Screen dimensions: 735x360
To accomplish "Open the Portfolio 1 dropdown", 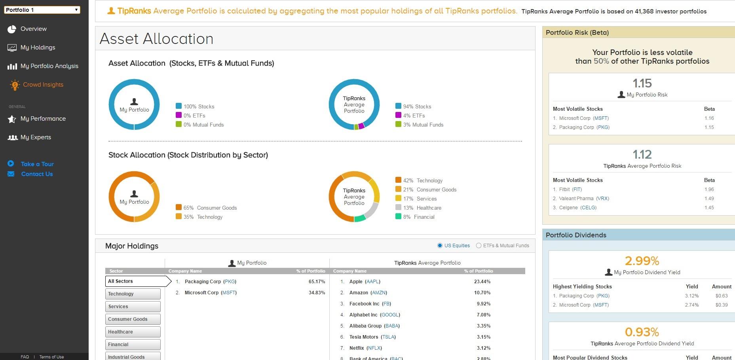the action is pyautogui.click(x=42, y=10).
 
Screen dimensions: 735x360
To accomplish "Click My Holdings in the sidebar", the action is pyautogui.click(x=38, y=47).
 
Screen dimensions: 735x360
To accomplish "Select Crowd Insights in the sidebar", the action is pyautogui.click(x=43, y=85).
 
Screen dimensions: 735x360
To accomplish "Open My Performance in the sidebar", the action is pyautogui.click(x=43, y=119).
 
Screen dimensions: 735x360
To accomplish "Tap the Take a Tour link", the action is pyautogui.click(x=37, y=164).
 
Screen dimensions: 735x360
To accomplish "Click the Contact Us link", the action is pyautogui.click(x=37, y=174).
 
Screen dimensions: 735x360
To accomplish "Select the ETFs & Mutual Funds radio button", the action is pyautogui.click(x=479, y=246).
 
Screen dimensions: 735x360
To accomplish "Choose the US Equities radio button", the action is pyautogui.click(x=440, y=246).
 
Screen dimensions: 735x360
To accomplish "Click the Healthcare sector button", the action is pyautogui.click(x=133, y=332).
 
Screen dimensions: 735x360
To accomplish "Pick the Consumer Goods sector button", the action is pyautogui.click(x=133, y=319).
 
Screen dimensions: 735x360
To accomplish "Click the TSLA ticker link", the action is pyautogui.click(x=388, y=337).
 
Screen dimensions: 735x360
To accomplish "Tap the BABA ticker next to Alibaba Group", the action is pyautogui.click(x=392, y=326).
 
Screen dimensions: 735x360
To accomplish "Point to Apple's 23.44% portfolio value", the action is pyautogui.click(x=482, y=282).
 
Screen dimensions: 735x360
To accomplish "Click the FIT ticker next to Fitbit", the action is pyautogui.click(x=577, y=189).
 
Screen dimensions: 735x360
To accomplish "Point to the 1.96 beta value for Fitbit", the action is pyautogui.click(x=709, y=189).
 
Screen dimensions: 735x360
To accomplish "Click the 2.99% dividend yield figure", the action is pyautogui.click(x=642, y=261).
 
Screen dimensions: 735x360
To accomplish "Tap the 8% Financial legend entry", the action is pyautogui.click(x=415, y=217).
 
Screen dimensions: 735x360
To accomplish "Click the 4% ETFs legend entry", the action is pyautogui.click(x=410, y=116).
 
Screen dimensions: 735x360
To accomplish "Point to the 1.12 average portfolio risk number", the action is pyautogui.click(x=642, y=154).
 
